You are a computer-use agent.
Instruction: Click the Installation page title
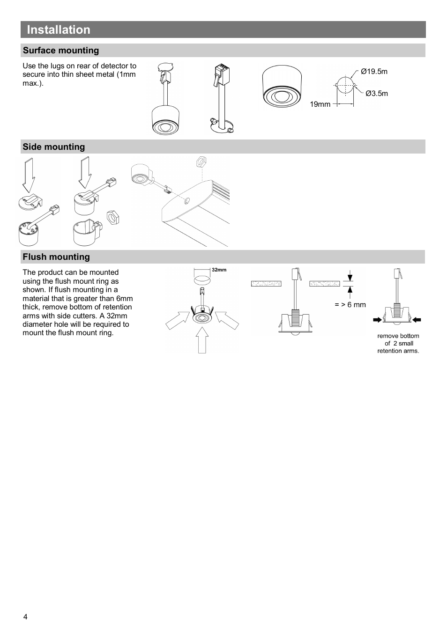point(59,29)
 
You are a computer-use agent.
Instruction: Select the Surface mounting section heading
point(61,51)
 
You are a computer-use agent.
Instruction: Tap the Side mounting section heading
point(54,147)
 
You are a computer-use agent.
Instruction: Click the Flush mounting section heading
point(56,257)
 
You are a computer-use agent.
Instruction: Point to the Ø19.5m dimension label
point(374,72)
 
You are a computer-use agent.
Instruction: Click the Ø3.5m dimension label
point(377,93)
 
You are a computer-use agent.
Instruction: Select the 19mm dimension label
point(320,104)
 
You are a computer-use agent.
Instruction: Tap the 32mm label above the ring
point(219,270)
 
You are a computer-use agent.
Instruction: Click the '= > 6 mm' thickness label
point(350,305)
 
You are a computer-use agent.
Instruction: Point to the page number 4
point(25,617)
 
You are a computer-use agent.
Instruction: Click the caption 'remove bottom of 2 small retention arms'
point(398,344)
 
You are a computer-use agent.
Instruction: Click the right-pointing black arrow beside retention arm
point(377,320)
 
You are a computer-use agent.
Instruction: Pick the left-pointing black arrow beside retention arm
point(417,320)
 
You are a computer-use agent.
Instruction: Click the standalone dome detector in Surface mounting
point(282,87)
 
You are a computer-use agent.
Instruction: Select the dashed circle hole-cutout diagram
point(345,85)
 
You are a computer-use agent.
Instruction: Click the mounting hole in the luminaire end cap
point(187,201)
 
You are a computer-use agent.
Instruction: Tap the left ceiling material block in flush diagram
point(266,284)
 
